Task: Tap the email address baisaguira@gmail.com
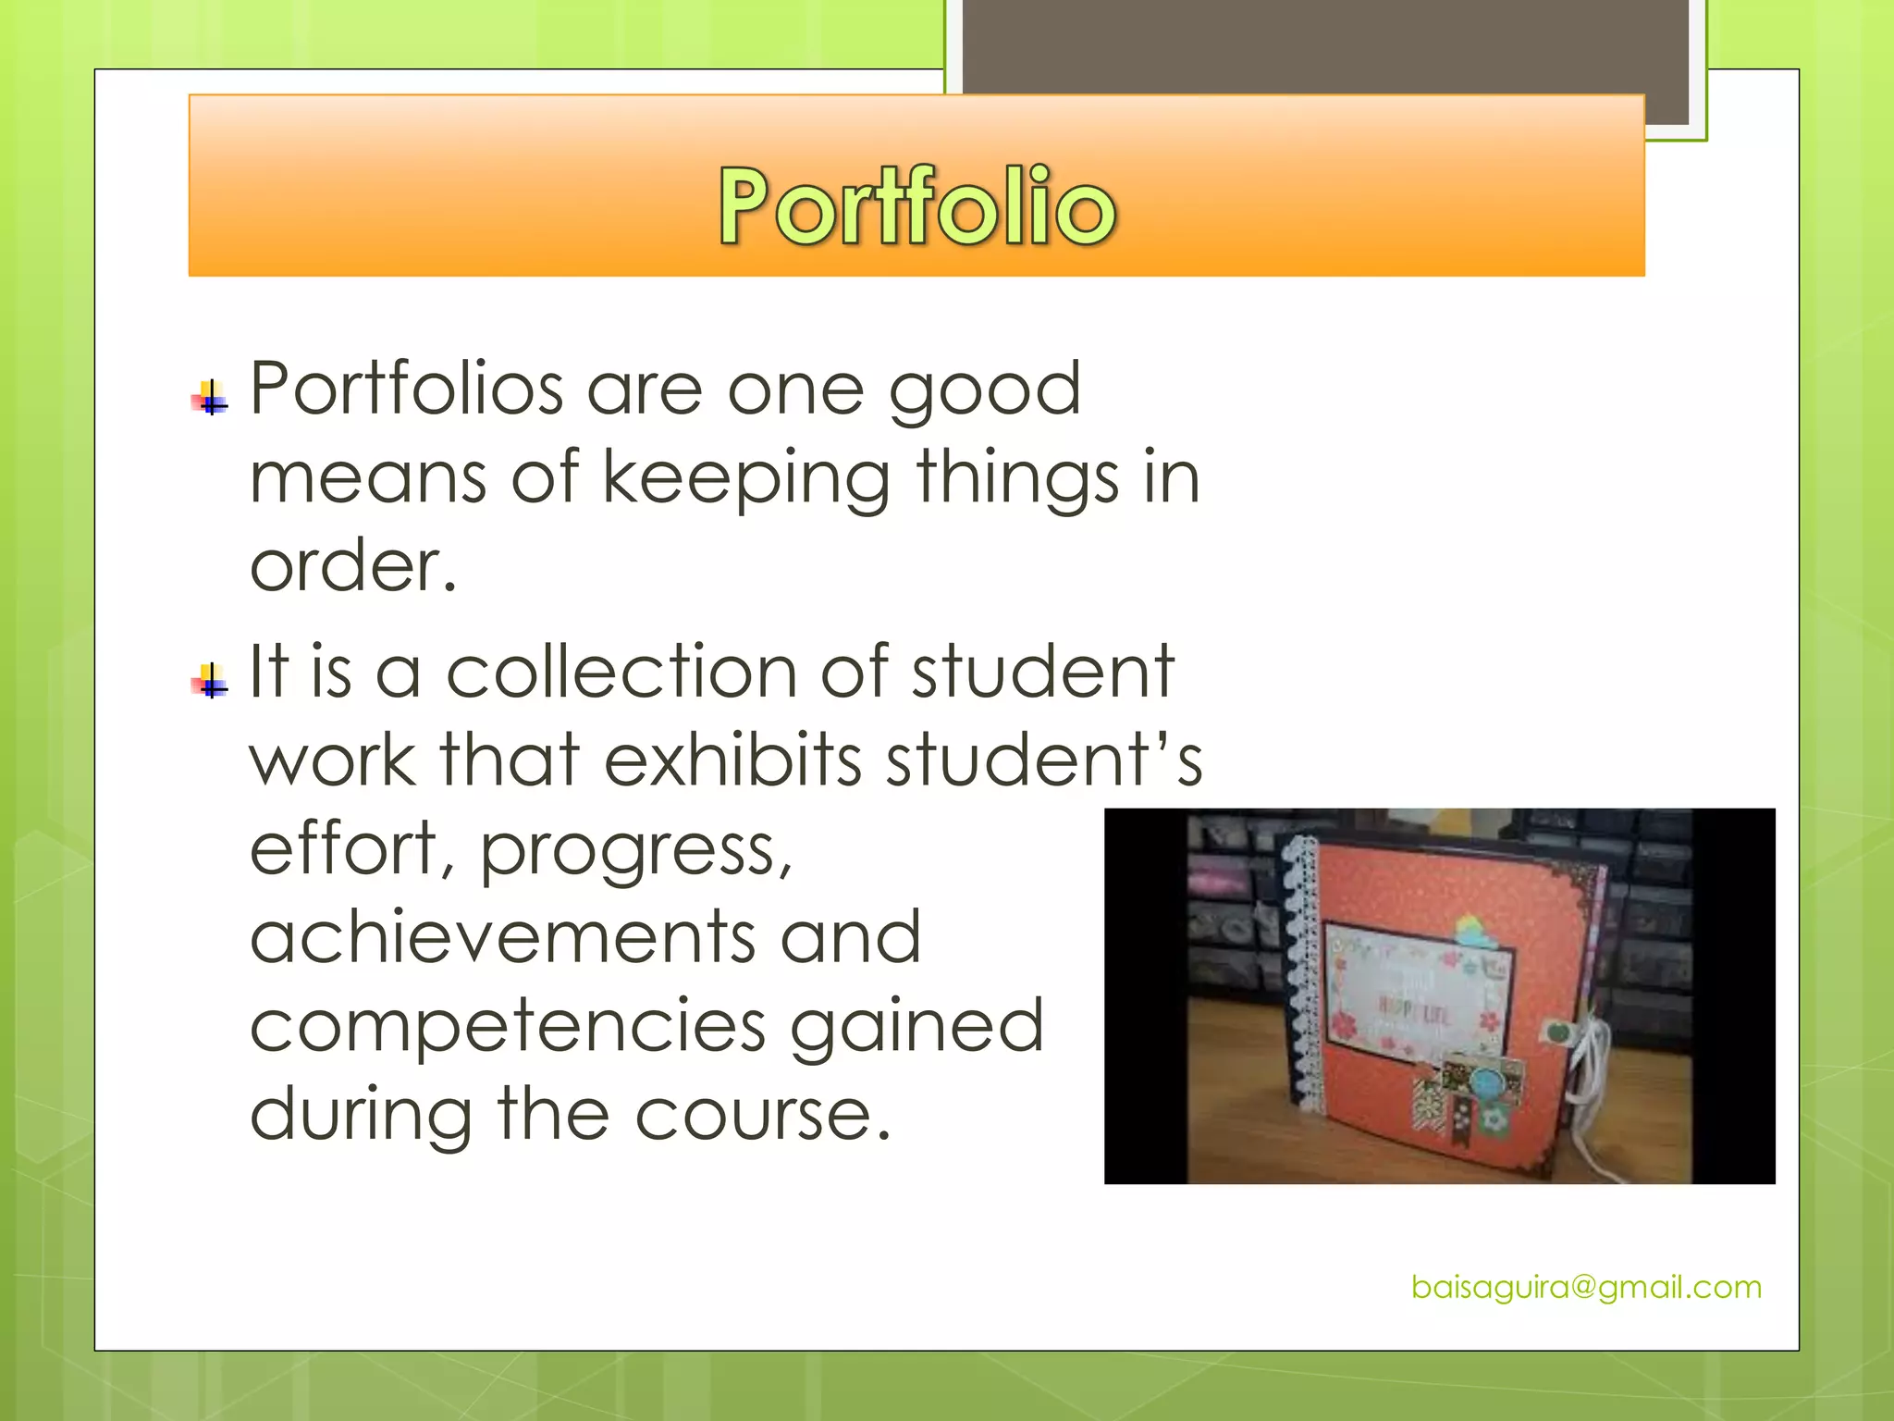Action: pos(1586,1287)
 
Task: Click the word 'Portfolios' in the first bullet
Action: pos(407,389)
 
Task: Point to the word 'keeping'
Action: pos(746,479)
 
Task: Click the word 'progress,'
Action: pos(636,851)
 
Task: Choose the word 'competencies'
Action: pos(508,1028)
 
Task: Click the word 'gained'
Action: pos(916,1028)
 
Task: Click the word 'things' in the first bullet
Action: pos(1017,479)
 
